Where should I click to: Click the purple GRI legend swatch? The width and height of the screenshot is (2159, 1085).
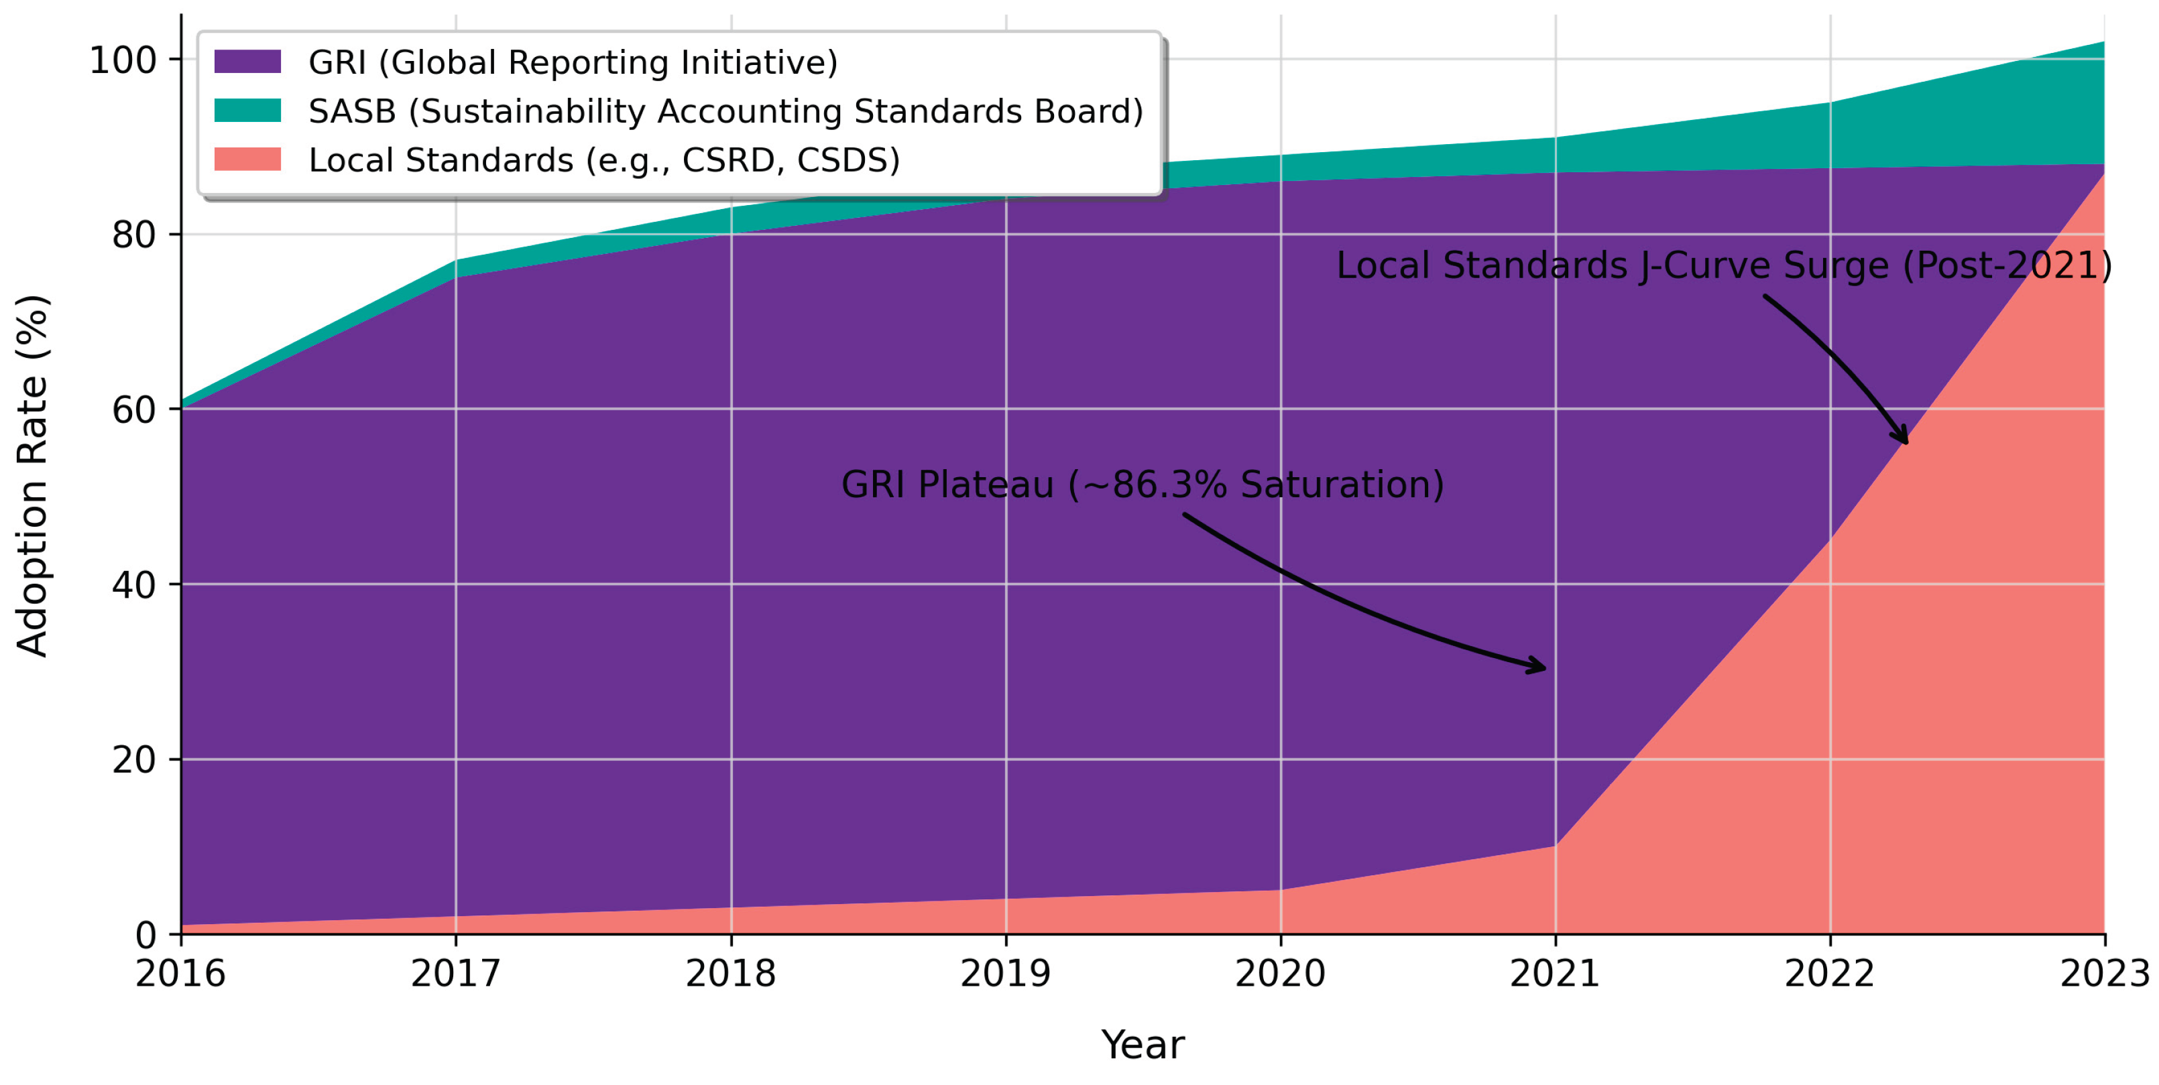pyautogui.click(x=247, y=61)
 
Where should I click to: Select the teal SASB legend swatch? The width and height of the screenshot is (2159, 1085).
pyautogui.click(x=247, y=110)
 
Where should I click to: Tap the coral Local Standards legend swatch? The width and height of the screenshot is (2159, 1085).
pyautogui.click(x=247, y=159)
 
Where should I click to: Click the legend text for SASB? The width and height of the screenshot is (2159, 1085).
pyautogui.click(x=725, y=111)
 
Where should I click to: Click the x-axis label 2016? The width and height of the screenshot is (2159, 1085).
pyautogui.click(x=180, y=974)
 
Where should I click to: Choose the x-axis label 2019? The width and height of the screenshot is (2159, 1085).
pyautogui.click(x=1005, y=974)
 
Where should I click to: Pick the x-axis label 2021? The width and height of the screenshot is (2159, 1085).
pyautogui.click(x=1555, y=974)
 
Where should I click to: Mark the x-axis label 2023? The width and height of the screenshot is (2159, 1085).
pyautogui.click(x=2104, y=974)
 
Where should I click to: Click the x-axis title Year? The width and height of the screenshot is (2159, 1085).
pyautogui.click(x=1143, y=1045)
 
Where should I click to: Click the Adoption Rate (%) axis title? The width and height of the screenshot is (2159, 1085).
pyautogui.click(x=34, y=475)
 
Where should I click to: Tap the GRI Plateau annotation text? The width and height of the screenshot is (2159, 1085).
pyautogui.click(x=1143, y=485)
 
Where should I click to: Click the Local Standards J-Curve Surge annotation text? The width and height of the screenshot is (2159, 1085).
pyautogui.click(x=1724, y=265)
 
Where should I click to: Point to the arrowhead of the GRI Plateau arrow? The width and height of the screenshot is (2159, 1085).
pyautogui.click(x=1542, y=667)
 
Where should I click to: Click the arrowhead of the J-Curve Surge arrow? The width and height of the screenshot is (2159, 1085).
pyautogui.click(x=1905, y=440)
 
